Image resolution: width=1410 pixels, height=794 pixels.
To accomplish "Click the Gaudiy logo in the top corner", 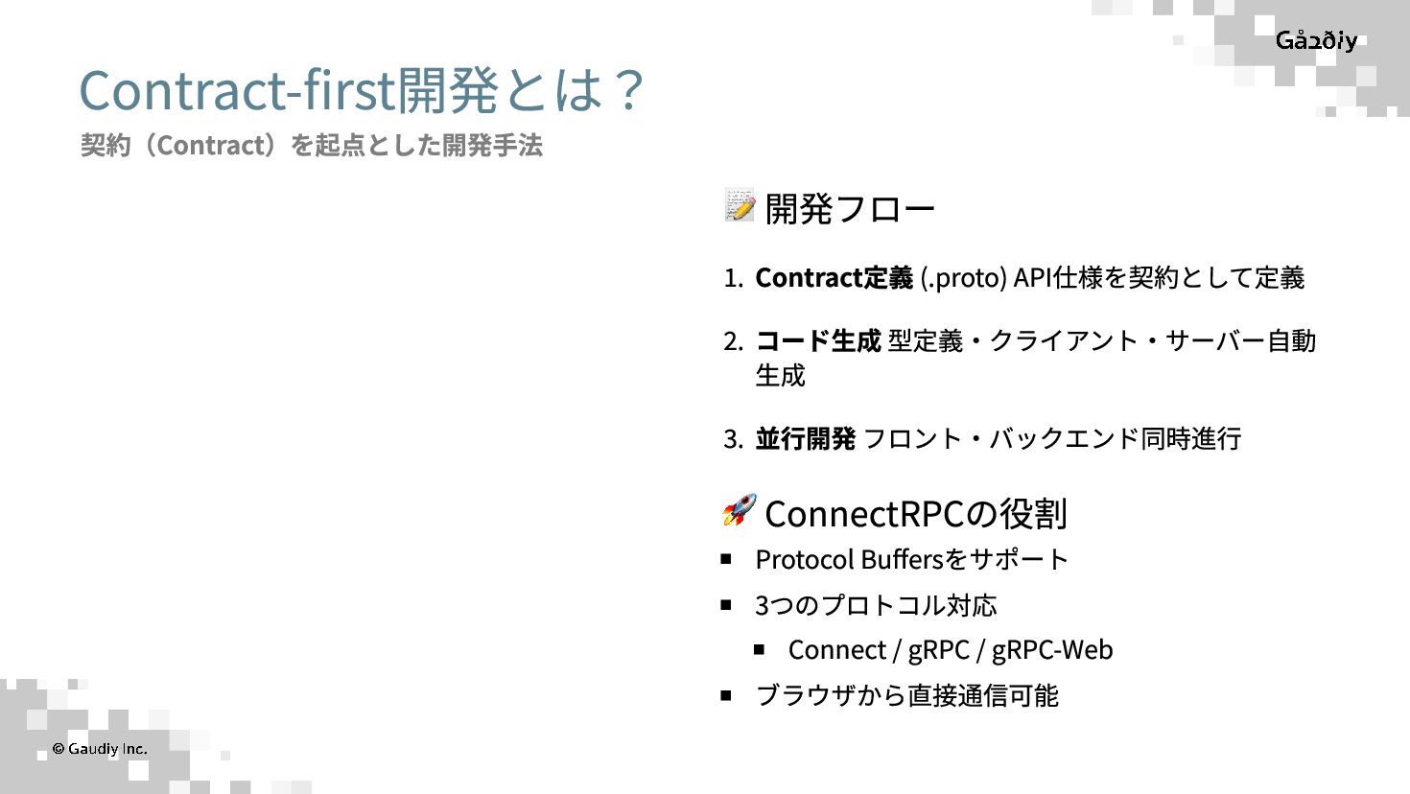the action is (1316, 40).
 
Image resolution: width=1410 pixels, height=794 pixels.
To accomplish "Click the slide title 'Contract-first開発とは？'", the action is (361, 90).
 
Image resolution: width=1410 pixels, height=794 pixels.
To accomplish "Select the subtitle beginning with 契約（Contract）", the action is (312, 145).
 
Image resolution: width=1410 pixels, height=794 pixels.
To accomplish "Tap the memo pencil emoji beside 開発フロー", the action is (740, 205).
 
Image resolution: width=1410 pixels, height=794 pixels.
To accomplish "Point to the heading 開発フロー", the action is (849, 208).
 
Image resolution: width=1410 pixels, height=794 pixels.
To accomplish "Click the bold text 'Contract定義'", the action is (834, 277).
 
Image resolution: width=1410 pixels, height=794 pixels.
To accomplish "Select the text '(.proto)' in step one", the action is (963, 277).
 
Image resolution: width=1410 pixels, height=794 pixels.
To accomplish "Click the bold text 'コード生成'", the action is (817, 340).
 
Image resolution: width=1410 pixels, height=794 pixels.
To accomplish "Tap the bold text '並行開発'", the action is (805, 438).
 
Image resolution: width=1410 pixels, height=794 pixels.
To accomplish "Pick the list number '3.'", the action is (733, 439).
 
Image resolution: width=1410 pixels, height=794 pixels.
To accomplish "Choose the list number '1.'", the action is (733, 278).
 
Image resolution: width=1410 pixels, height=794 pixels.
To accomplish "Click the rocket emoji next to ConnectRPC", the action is (739, 510).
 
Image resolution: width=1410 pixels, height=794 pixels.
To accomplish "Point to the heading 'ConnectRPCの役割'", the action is (915, 514).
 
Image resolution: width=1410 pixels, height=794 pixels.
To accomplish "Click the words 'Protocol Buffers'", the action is (849, 559).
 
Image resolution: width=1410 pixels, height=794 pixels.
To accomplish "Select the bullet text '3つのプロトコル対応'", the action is (876, 605).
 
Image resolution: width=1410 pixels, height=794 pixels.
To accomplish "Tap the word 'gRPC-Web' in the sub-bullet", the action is (1052, 650).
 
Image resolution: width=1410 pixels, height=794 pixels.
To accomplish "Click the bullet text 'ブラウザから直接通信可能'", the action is (906, 695).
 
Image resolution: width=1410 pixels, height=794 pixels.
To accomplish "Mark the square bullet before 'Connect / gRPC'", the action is (759, 649).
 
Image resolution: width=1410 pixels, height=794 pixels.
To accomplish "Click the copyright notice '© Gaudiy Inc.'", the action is (100, 748).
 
